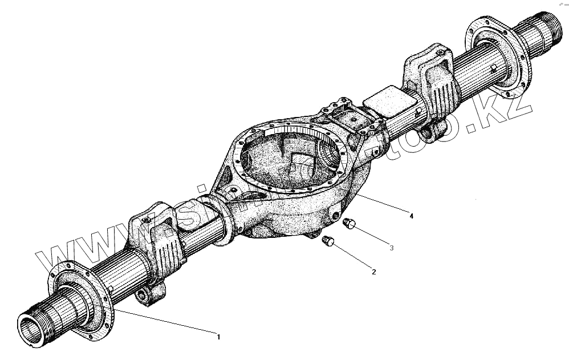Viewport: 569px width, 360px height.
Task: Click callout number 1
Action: coord(218,337)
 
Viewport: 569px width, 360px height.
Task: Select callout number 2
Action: coord(373,272)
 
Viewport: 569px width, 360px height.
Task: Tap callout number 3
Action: coord(392,248)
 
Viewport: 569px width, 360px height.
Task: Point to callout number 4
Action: coord(411,216)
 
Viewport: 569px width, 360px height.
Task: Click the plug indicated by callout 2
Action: coord(328,241)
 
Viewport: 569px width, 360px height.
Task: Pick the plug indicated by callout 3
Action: coord(349,224)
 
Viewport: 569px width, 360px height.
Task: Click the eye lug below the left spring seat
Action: coord(149,295)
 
